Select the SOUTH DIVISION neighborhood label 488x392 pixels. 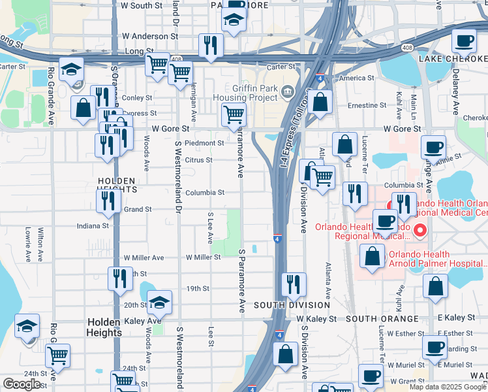tap(283, 305)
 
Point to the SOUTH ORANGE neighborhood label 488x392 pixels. tap(382, 318)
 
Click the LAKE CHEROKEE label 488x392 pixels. tap(453, 59)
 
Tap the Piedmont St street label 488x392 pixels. tap(204, 143)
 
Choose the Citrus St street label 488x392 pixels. tap(199, 160)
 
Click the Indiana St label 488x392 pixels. tap(93, 226)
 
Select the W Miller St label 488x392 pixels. tap(203, 257)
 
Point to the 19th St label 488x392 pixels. tap(197, 288)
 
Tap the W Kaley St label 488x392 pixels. tap(316, 319)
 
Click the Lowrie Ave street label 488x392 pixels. tap(28, 241)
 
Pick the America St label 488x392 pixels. tap(357, 78)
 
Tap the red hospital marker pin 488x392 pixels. tap(420, 230)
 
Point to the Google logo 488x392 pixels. tap(22, 384)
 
